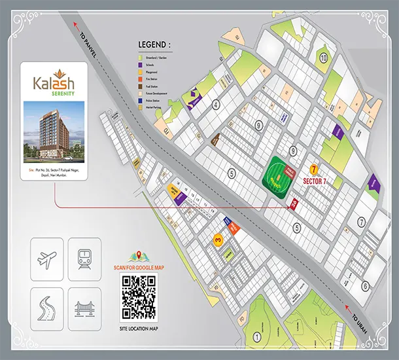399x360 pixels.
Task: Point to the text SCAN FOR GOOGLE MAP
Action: pyautogui.click(x=138, y=266)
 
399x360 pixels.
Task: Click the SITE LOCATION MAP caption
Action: pyautogui.click(x=138, y=327)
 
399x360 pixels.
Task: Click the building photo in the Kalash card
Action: pyautogui.click(x=53, y=132)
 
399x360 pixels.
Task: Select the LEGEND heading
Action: pyautogui.click(x=154, y=45)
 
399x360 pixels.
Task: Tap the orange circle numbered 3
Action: pyautogui.click(x=217, y=240)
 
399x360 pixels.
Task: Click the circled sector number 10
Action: pyautogui.click(x=323, y=58)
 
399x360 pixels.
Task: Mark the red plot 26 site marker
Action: pyautogui.click(x=294, y=204)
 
